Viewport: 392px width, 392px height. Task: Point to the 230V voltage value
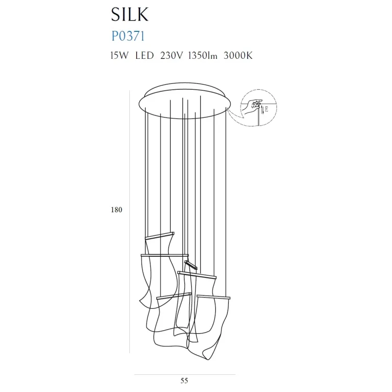[171, 56]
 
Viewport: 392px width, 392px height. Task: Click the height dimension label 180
[117, 210]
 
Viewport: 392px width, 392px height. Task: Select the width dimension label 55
[184, 380]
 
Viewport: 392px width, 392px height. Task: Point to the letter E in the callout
[267, 109]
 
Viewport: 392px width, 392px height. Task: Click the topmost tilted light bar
[159, 235]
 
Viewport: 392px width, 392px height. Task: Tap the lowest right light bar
[213, 296]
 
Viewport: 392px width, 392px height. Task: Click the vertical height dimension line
[129, 220]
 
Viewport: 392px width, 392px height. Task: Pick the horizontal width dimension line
[185, 375]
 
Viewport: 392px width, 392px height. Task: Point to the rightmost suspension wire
[226, 196]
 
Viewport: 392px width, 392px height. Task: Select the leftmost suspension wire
[146, 171]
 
